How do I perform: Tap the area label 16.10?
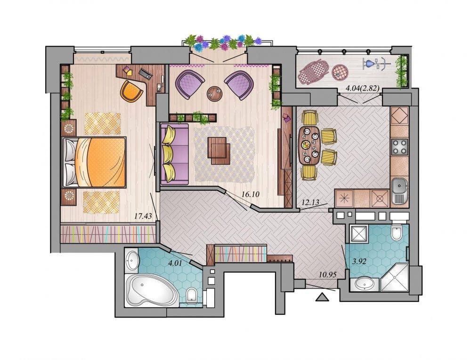pyautogui.click(x=250, y=195)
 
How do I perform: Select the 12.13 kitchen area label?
pyautogui.click(x=310, y=203)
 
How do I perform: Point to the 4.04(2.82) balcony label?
pyautogui.click(x=363, y=88)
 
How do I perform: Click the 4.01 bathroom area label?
pyautogui.click(x=175, y=263)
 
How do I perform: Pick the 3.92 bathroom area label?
pyautogui.click(x=359, y=262)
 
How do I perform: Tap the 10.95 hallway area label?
pyautogui.click(x=328, y=274)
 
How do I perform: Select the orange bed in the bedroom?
pyautogui.click(x=94, y=162)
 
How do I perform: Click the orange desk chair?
pyautogui.click(x=131, y=90)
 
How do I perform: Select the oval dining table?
pyautogui.click(x=309, y=146)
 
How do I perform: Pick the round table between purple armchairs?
pyautogui.click(x=215, y=94)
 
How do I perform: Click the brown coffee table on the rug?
pyautogui.click(x=219, y=150)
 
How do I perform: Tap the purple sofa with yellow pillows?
pyautogui.click(x=175, y=154)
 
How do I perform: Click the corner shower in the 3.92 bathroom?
pyautogui.click(x=394, y=277)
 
